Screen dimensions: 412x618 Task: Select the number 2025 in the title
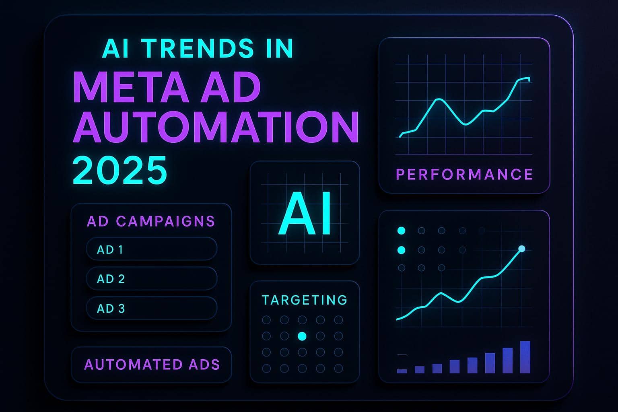(120, 170)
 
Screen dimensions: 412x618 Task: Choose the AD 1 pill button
(152, 249)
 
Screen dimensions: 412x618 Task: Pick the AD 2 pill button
(152, 279)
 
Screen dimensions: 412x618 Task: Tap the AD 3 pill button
(152, 309)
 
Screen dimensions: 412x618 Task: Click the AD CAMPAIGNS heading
(151, 221)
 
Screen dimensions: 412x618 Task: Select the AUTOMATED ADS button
(152, 365)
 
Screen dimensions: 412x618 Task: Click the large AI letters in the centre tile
(305, 214)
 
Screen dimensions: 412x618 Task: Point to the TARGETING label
(305, 300)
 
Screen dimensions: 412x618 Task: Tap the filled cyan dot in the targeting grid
(302, 336)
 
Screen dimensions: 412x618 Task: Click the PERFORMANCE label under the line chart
(465, 174)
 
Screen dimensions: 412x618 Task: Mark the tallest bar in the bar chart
(525, 357)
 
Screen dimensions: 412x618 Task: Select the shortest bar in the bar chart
(402, 371)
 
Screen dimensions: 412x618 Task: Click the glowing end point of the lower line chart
(522, 249)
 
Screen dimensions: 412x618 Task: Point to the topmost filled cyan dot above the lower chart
(401, 231)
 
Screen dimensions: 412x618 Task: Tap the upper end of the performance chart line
(529, 79)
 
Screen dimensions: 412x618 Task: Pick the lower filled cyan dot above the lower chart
(401, 250)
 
